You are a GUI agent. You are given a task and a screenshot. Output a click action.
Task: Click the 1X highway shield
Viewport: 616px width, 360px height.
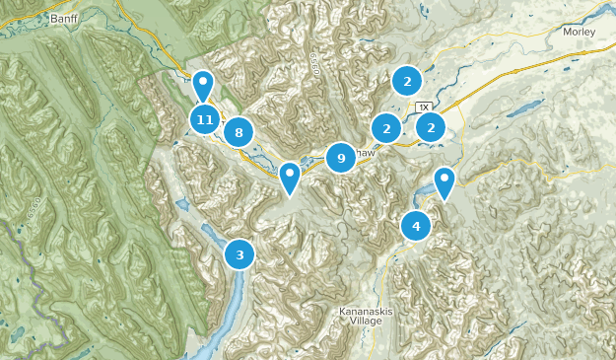[x=424, y=106]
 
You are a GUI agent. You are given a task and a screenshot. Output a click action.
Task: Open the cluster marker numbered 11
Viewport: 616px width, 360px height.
[x=204, y=120]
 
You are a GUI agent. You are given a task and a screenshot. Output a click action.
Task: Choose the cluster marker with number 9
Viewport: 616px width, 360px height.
[x=340, y=157]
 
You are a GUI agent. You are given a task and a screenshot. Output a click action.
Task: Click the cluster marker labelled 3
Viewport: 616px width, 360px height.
[x=239, y=253]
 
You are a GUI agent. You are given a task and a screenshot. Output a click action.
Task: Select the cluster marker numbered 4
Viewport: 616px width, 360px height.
[x=416, y=226]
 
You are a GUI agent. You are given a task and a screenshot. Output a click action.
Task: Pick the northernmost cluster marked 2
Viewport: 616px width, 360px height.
[x=405, y=81]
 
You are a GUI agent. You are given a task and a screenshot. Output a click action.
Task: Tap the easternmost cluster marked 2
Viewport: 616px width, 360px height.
[x=431, y=126]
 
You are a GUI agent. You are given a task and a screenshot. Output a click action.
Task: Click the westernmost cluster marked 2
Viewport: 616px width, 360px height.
[x=386, y=127]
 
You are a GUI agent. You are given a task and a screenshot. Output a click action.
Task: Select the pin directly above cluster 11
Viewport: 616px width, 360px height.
[x=203, y=86]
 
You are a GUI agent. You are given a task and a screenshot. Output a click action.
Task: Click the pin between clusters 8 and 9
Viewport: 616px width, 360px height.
[x=289, y=178]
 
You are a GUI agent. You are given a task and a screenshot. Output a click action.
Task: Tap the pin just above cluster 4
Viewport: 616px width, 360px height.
[x=445, y=182]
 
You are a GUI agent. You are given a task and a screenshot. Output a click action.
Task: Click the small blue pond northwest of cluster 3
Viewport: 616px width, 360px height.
[x=182, y=205]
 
